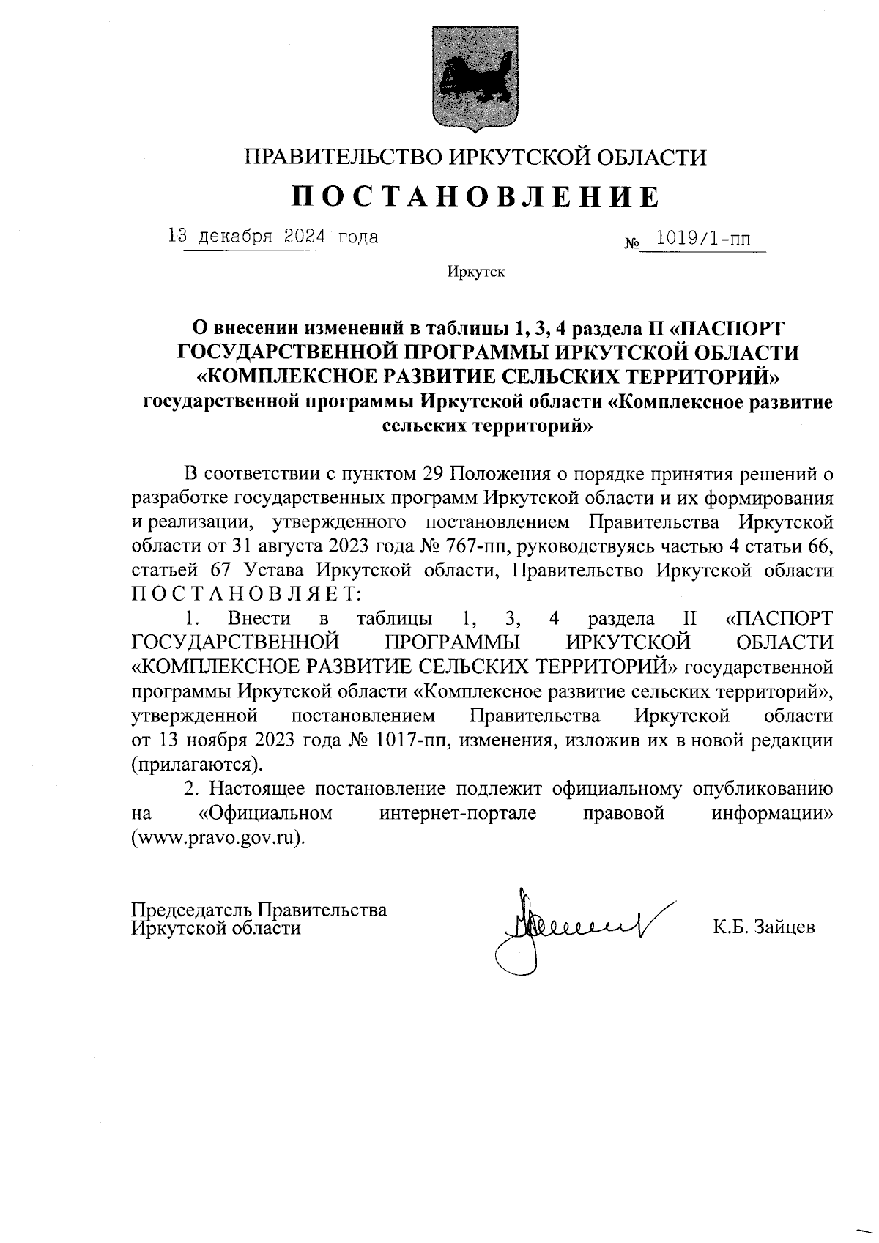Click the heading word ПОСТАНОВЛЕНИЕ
[476, 196]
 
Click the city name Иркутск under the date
[476, 272]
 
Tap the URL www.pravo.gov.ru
[217, 838]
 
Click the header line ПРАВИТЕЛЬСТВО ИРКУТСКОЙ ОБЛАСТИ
[476, 156]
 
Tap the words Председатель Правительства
[259, 910]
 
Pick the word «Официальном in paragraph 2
[266, 813]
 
